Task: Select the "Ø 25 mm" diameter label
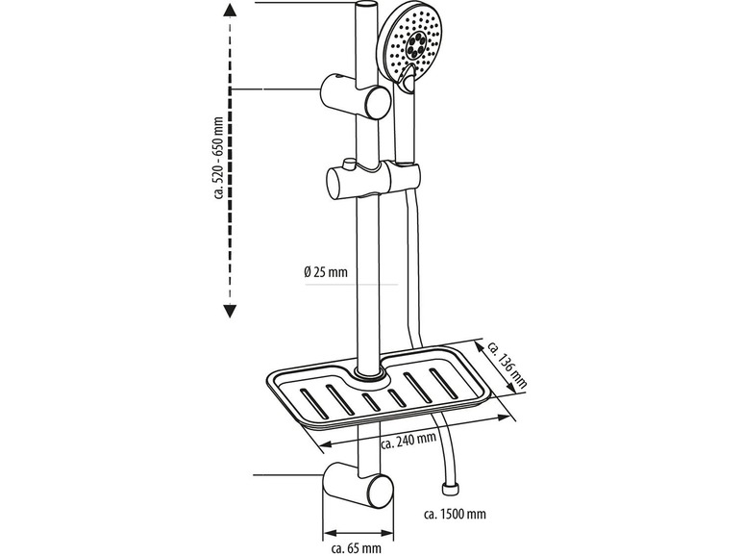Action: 325,272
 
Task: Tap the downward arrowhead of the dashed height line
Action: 231,309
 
